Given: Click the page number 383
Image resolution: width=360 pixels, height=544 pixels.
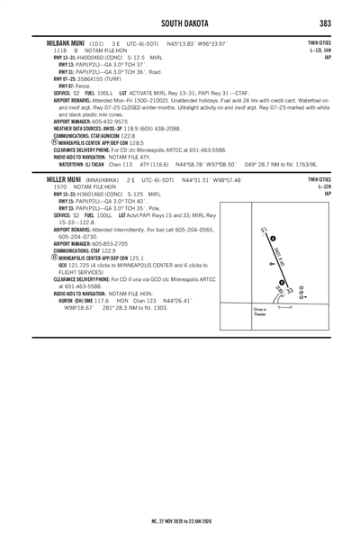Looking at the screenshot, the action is tap(327, 22).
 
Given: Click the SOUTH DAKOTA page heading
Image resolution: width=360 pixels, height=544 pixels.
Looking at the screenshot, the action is tap(181, 22).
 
